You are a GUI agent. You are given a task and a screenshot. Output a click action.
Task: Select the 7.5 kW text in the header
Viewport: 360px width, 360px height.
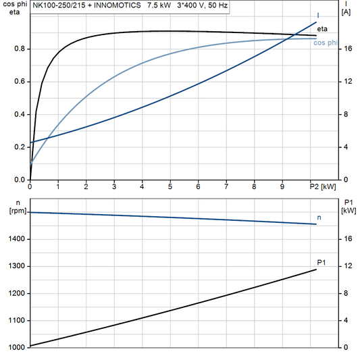(x=159, y=5)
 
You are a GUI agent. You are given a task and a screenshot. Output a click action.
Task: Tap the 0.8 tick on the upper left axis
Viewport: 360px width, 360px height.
(x=20, y=49)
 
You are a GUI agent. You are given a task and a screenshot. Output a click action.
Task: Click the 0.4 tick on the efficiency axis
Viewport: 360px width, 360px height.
(x=20, y=115)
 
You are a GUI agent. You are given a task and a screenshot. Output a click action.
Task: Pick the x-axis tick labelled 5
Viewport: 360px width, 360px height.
(x=170, y=186)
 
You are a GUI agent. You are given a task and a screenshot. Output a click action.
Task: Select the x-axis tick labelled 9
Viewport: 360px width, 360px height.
(x=282, y=186)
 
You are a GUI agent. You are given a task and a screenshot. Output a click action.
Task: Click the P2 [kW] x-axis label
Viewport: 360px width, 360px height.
(x=322, y=186)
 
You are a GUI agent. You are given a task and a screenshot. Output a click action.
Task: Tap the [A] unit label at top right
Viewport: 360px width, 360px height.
(x=346, y=12)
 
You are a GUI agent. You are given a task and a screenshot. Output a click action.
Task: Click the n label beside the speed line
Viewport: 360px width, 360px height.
(x=320, y=217)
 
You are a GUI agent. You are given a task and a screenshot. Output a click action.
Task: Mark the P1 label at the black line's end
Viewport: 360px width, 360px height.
(x=322, y=262)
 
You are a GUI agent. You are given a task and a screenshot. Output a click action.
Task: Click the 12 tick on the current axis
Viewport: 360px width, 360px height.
(x=346, y=82)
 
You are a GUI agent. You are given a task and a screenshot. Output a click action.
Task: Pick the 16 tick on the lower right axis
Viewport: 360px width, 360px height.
(x=346, y=239)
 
